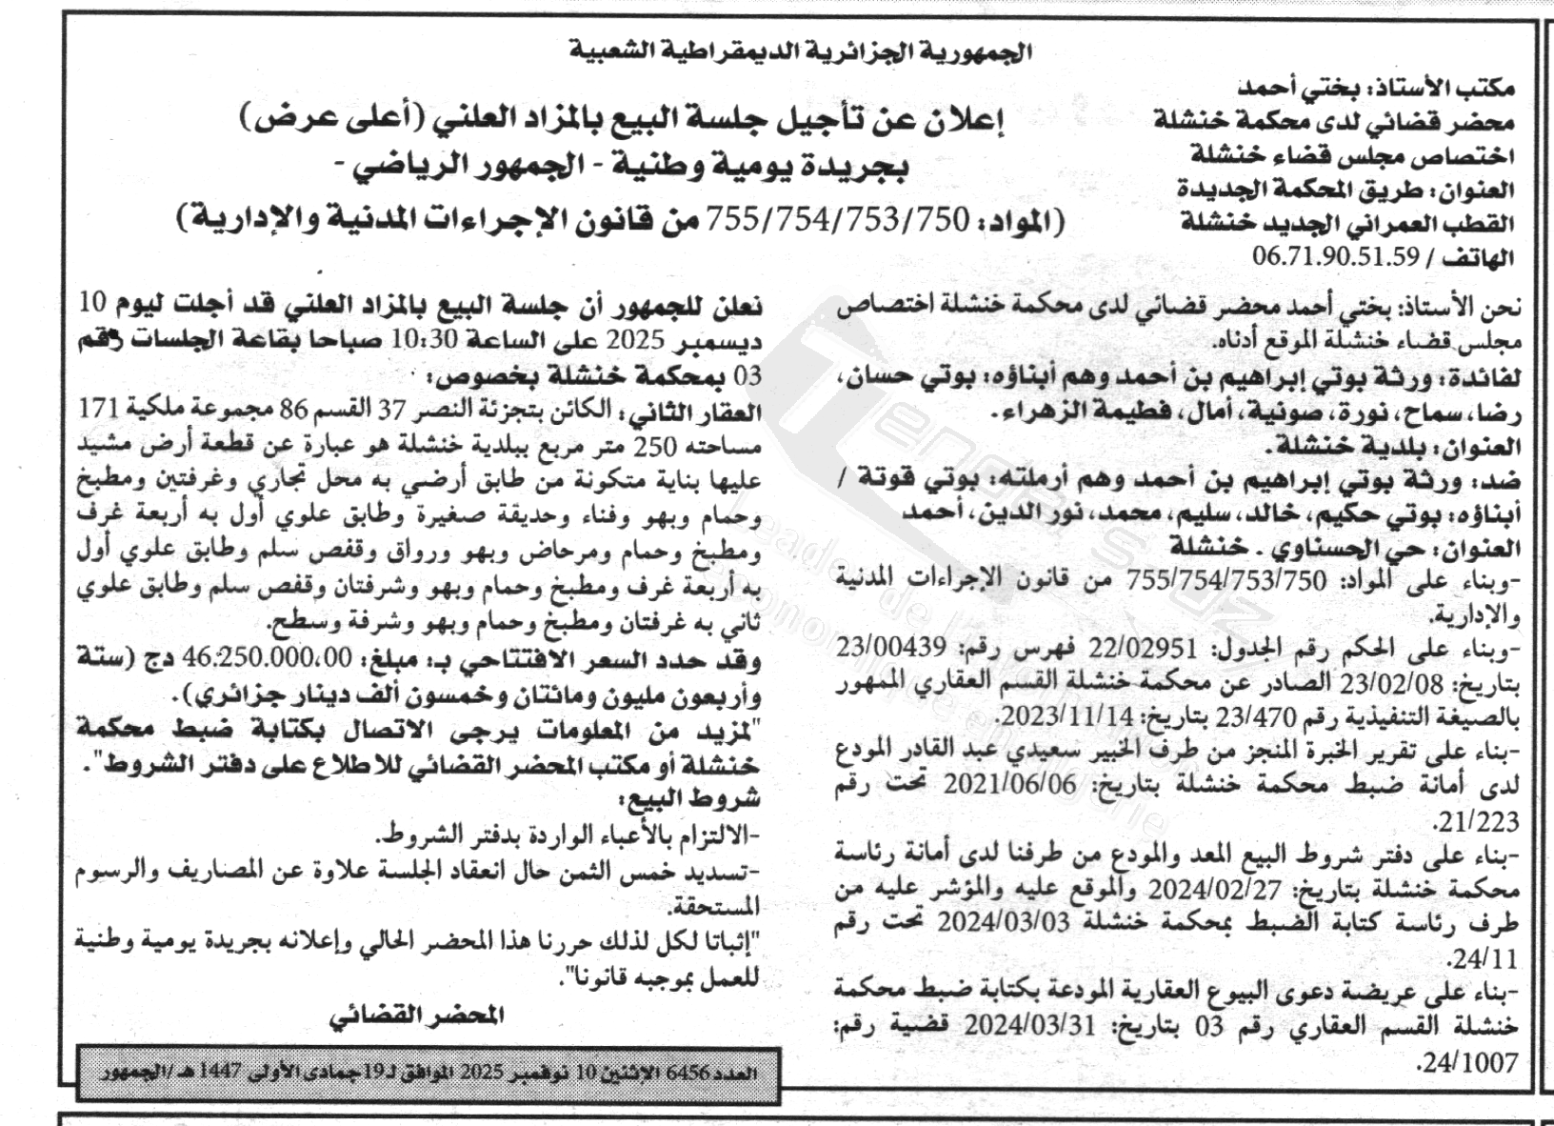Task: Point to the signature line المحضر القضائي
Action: pos(415,1015)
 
